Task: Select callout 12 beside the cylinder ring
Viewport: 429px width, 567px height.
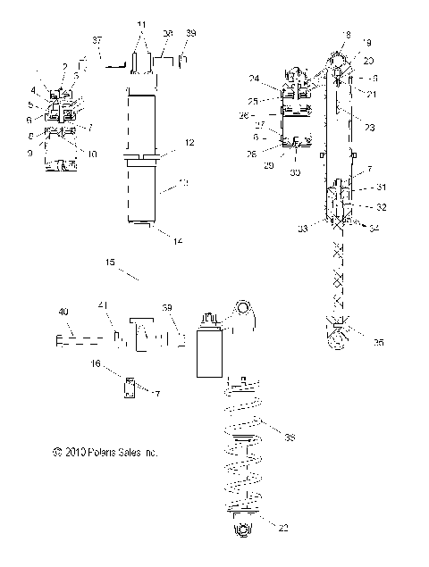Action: tap(189, 143)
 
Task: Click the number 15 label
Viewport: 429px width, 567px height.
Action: tap(110, 263)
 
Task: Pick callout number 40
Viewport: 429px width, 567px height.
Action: tap(63, 312)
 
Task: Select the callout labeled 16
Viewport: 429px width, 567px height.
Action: tap(95, 365)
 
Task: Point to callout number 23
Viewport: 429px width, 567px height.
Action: tap(369, 128)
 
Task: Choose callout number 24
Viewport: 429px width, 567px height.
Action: tap(254, 77)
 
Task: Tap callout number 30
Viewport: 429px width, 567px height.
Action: tap(296, 173)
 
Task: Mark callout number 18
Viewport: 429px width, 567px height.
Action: tap(346, 33)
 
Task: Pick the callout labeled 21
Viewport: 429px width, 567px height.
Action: tap(370, 95)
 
